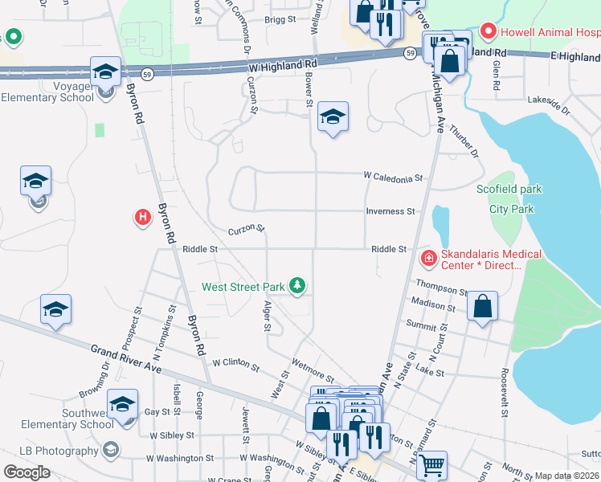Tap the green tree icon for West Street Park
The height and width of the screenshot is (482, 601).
[x=297, y=286]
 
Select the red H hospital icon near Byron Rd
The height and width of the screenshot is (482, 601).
[x=142, y=218]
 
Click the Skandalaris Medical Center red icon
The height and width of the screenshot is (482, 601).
[x=429, y=257]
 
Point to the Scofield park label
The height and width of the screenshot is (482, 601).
[x=509, y=190]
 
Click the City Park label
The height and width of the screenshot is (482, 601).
[x=512, y=209]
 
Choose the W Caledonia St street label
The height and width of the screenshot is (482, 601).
[x=392, y=175]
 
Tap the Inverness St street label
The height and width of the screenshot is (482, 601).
[x=390, y=211]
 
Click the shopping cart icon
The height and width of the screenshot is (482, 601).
[x=432, y=464]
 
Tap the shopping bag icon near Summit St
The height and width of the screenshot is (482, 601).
[x=482, y=307]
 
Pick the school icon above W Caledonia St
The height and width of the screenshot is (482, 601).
[x=333, y=117]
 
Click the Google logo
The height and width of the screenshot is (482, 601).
[x=27, y=472]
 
